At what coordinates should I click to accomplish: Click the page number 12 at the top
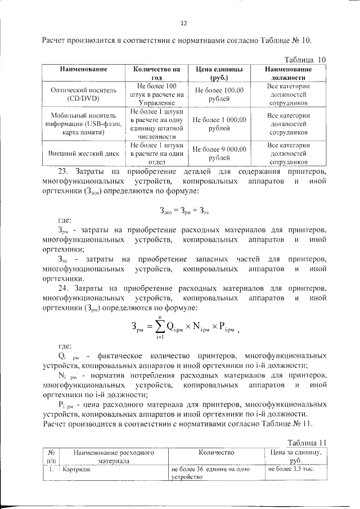point(183,23)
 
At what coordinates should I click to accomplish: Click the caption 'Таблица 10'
point(305,59)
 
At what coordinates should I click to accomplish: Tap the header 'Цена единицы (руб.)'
point(219,73)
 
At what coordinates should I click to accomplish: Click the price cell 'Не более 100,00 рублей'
point(219,93)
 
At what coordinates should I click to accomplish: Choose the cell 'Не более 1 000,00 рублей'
point(219,124)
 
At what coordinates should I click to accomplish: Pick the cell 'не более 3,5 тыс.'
point(291,468)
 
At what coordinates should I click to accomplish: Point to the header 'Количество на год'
point(152,73)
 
